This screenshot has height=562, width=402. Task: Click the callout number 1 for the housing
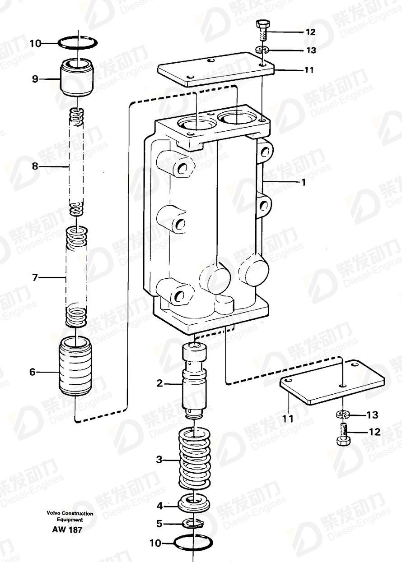pyautogui.click(x=304, y=182)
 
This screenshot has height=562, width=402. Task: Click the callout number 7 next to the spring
pyautogui.click(x=35, y=277)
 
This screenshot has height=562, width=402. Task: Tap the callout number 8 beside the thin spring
pyautogui.click(x=35, y=166)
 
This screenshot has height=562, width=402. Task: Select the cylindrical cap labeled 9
pyautogui.click(x=77, y=77)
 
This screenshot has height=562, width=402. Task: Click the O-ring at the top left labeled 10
pyautogui.click(x=78, y=42)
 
